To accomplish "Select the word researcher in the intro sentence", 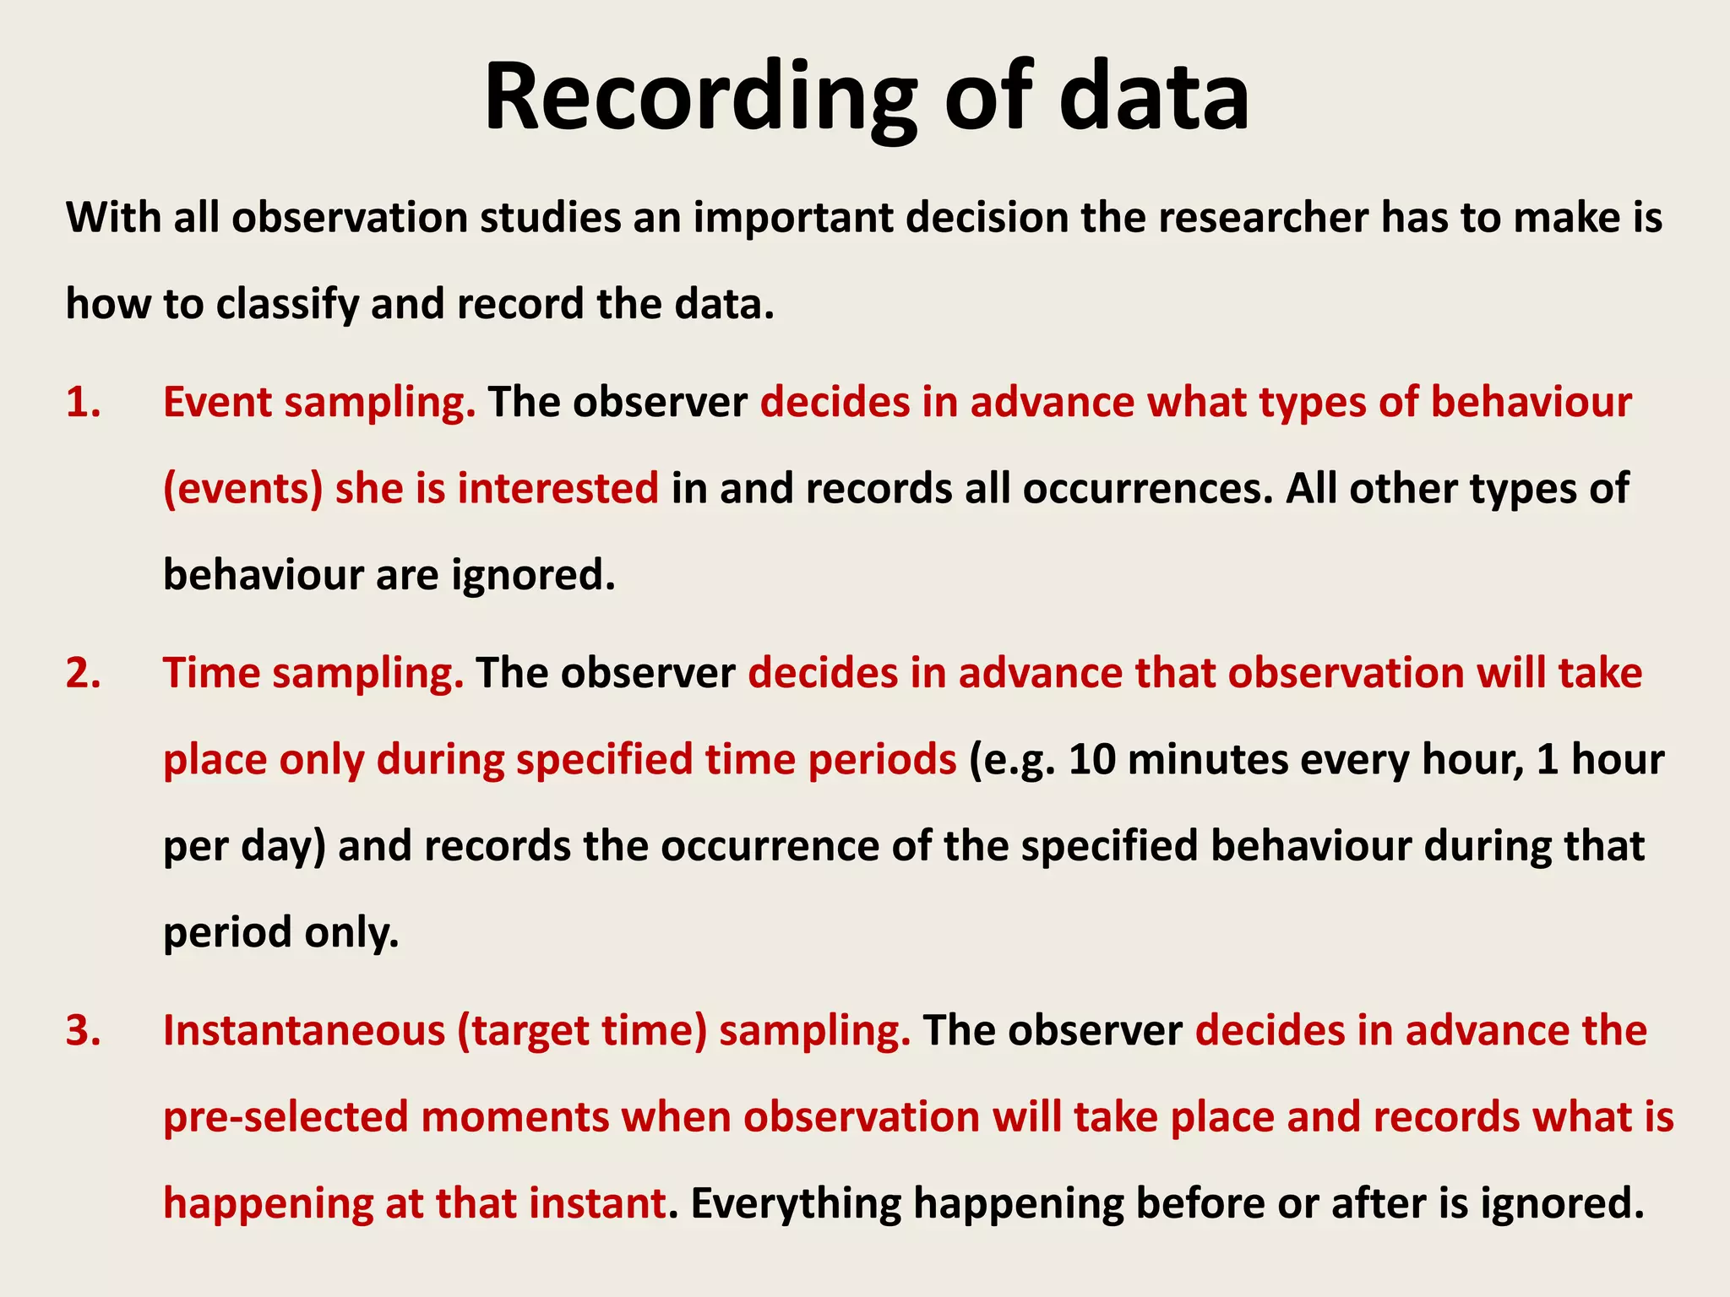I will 1263,218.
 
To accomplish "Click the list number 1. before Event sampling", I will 84,402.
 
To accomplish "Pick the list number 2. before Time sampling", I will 84,674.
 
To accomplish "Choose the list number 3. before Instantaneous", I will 84,1031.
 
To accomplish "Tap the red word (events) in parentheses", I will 243,489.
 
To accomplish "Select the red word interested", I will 558,489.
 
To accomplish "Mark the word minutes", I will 1207,760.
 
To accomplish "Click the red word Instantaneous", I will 304,1031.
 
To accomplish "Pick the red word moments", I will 514,1117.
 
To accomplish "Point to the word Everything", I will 796,1203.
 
